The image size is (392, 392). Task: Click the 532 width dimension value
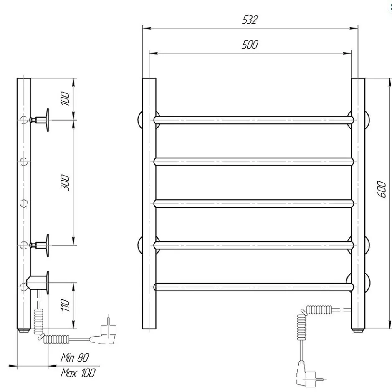(x=250, y=20)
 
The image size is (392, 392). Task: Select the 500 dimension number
(x=250, y=45)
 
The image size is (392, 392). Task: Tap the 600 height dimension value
(x=381, y=189)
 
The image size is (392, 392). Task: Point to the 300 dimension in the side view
(x=65, y=183)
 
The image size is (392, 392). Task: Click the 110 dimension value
(x=65, y=305)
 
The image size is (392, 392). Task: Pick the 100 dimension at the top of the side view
(x=65, y=98)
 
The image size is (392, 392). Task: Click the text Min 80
(x=75, y=357)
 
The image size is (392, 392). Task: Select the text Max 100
(x=78, y=373)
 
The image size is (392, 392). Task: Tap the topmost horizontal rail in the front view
(x=253, y=120)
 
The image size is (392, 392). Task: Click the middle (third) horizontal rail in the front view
(x=253, y=204)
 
